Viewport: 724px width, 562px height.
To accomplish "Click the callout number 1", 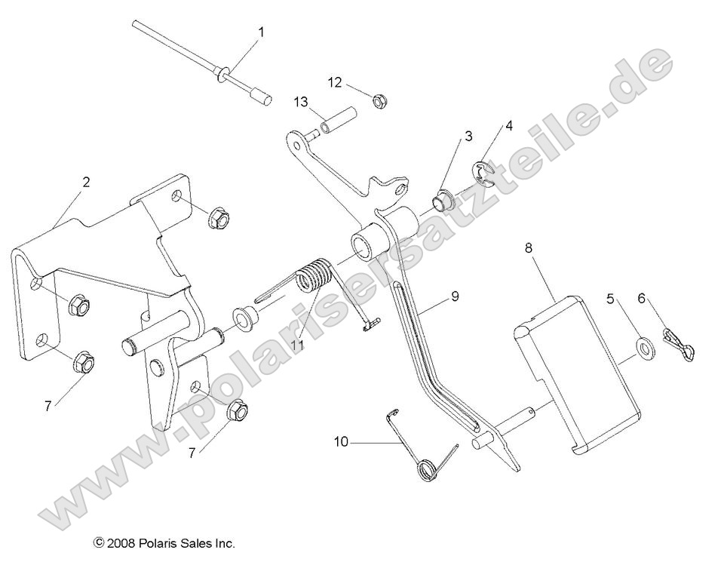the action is [262, 32].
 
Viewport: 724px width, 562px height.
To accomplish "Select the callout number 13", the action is [301, 102].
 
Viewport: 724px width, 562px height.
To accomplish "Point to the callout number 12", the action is [335, 81].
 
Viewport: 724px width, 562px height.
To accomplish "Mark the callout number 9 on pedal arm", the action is [454, 297].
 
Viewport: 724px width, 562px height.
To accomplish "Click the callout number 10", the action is [341, 441].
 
